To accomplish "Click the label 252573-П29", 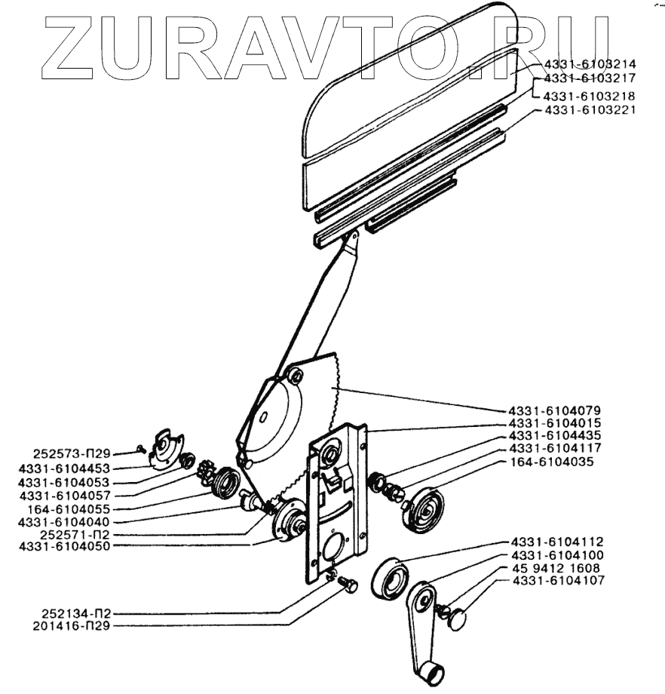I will click(72, 454).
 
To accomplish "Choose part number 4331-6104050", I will click(64, 545).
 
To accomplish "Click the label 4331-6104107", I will click(557, 580).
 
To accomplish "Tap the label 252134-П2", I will click(72, 614).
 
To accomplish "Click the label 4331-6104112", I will click(557, 542).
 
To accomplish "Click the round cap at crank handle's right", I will click(457, 620).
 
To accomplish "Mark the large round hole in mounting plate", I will click(332, 545).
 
